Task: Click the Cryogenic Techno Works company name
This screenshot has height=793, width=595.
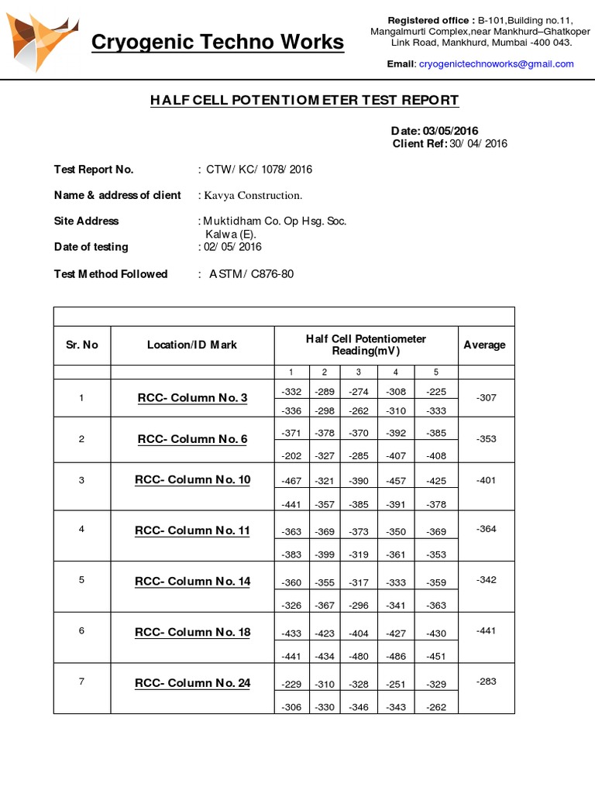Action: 217,42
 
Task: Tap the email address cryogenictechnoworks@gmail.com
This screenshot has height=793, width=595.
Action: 496,64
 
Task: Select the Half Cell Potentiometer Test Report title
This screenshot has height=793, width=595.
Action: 304,101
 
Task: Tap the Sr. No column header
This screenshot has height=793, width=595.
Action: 81,345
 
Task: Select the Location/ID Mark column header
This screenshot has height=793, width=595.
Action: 192,345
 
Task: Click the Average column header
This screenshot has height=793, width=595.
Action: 484,345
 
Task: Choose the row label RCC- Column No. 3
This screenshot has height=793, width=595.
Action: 192,398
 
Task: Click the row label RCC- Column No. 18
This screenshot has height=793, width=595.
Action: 192,632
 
